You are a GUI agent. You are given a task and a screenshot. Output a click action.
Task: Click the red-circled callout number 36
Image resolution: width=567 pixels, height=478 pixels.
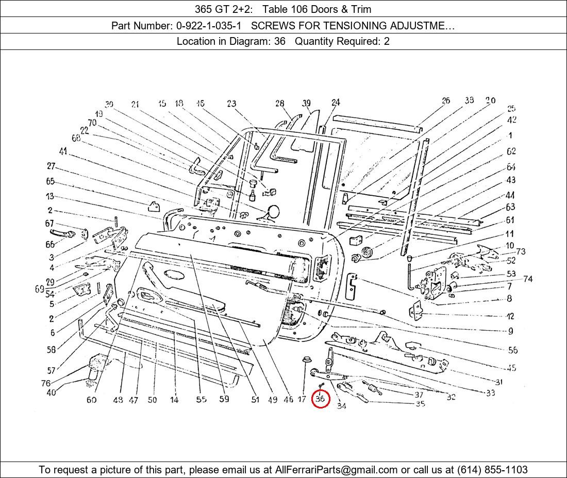320,398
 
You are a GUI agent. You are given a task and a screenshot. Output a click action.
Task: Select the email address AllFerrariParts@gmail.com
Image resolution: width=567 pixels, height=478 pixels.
337,469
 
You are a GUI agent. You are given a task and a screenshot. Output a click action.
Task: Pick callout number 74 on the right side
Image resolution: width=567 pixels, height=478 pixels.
527,279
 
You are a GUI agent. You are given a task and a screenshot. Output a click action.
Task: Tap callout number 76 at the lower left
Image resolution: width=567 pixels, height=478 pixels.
46,383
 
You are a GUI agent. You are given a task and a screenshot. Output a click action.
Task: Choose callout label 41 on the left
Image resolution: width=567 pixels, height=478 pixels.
63,151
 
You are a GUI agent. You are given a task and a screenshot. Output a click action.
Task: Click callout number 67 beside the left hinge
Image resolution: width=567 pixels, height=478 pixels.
49,224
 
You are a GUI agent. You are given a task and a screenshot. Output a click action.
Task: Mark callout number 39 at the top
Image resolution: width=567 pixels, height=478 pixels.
307,103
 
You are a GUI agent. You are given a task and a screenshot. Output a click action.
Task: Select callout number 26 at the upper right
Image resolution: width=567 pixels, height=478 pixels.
446,100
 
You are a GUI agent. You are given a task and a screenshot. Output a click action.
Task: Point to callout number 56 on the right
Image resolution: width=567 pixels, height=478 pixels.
512,350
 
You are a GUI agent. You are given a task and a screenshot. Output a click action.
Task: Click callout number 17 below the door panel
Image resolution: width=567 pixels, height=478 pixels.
302,399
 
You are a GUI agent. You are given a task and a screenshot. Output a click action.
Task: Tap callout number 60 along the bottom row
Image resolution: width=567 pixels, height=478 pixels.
91,400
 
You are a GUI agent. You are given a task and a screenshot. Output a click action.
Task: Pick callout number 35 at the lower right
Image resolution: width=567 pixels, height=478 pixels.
420,404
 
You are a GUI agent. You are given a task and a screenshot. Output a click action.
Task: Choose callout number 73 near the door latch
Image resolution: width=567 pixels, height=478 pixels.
521,251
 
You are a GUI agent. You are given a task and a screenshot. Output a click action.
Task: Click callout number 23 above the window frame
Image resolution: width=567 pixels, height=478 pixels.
231,104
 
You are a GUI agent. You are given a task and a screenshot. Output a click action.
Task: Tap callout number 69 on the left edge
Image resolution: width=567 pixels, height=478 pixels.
40,289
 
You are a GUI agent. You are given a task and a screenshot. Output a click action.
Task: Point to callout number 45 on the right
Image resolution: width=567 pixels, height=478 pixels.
511,368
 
